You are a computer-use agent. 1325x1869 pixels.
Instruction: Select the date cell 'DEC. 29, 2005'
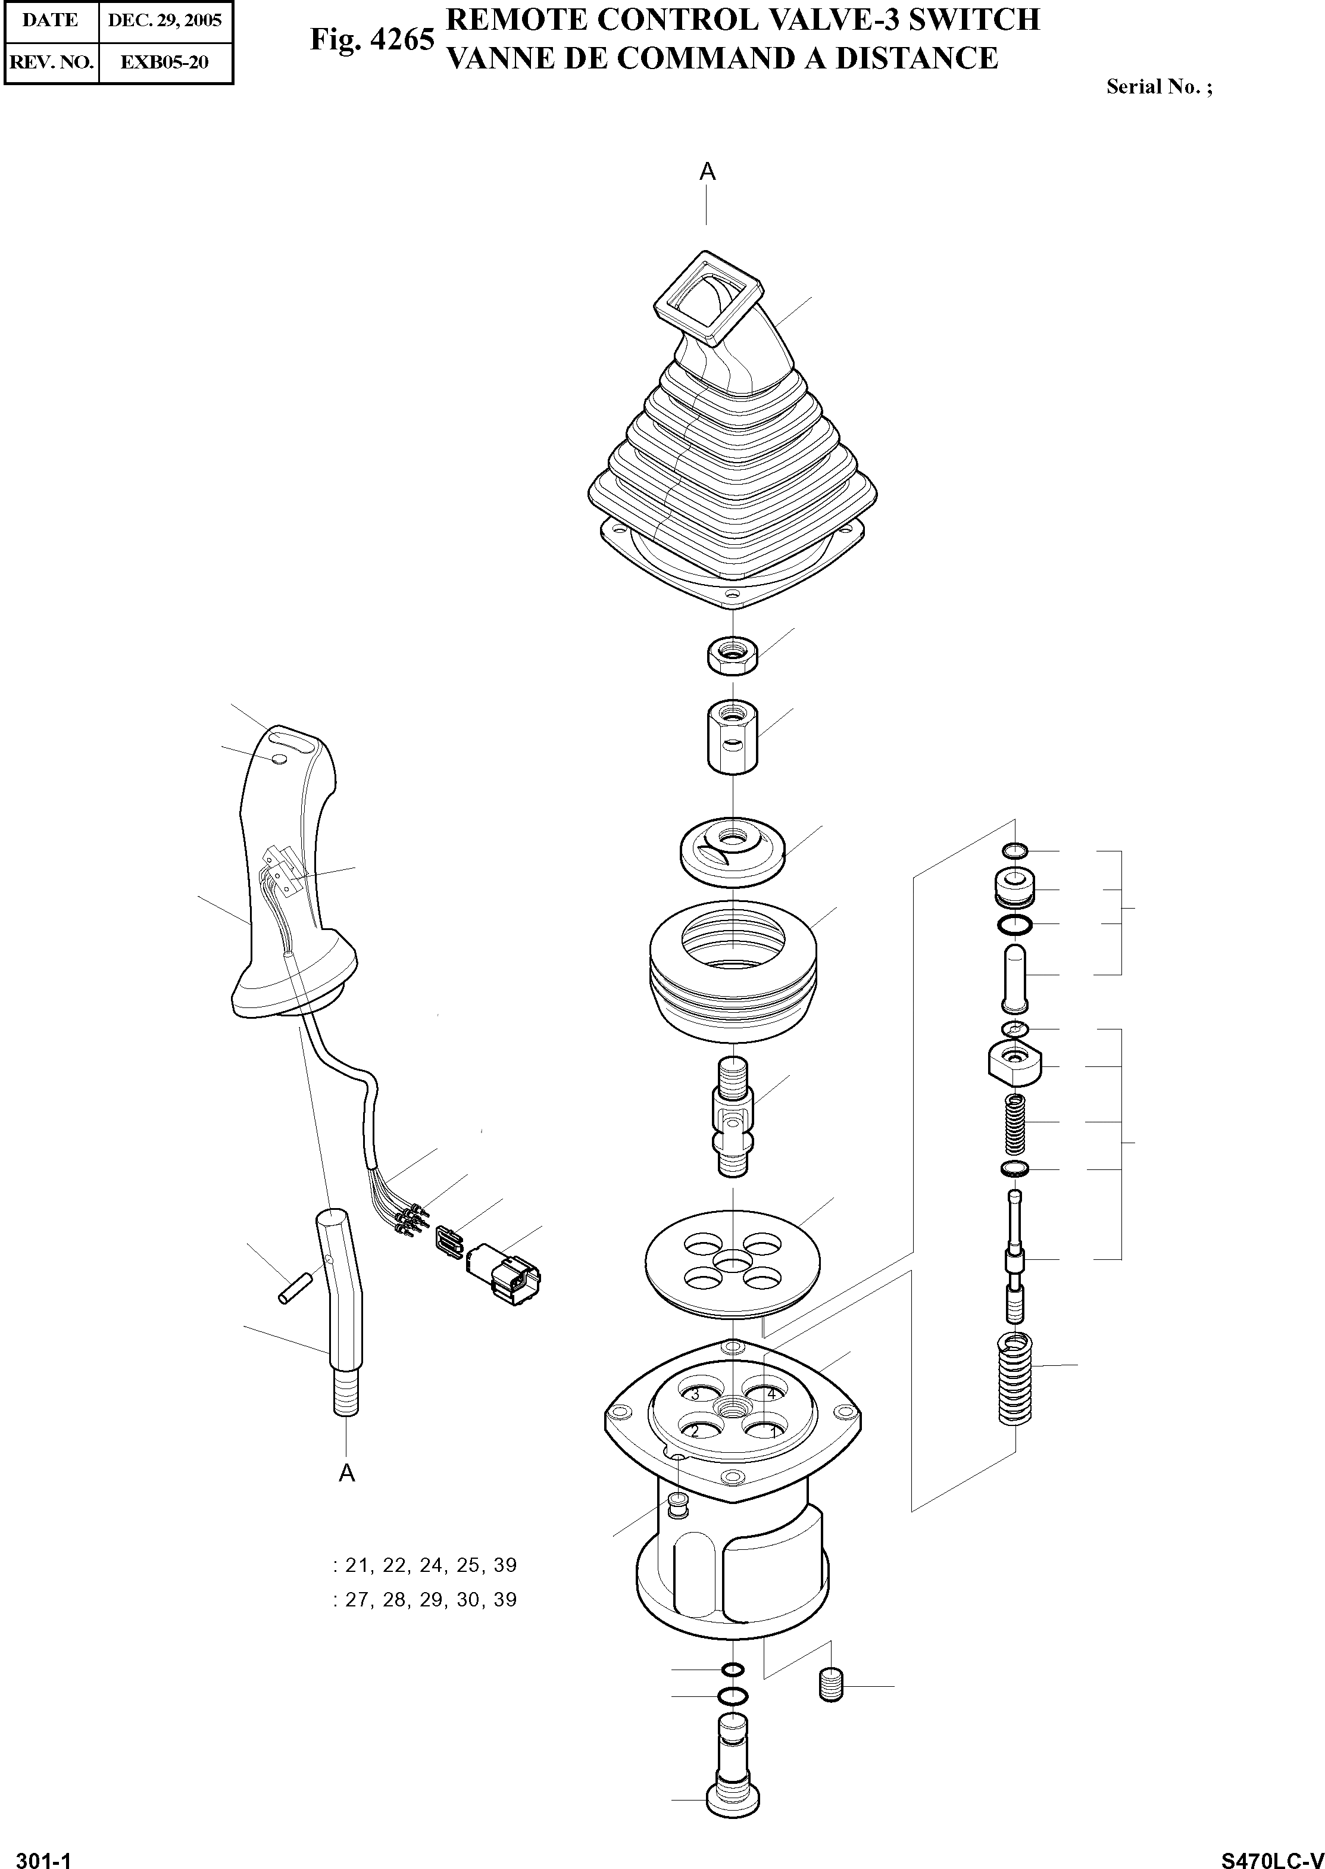(165, 20)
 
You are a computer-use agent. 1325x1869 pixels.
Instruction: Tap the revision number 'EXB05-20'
(165, 62)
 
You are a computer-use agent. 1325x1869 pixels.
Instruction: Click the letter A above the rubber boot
(707, 171)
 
